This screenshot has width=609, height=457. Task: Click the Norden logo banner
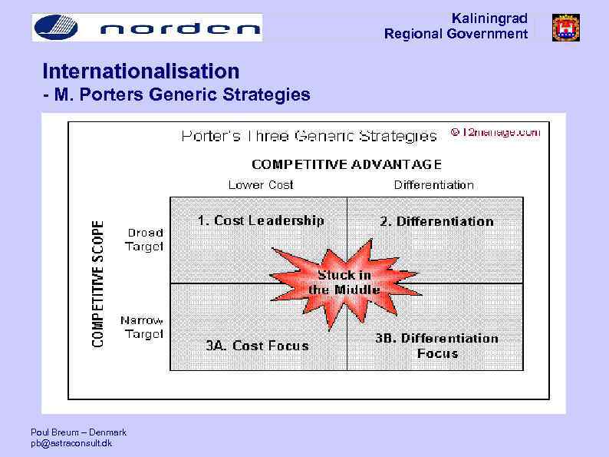[x=146, y=28]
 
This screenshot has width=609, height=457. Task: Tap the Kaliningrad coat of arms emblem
[x=566, y=28]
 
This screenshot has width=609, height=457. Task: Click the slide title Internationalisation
[x=141, y=72]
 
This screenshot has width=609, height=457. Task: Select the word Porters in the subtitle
[x=131, y=95]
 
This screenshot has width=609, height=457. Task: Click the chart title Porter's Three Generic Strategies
[x=308, y=137]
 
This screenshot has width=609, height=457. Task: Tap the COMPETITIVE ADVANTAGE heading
[x=347, y=164]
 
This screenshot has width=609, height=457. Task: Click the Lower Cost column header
[x=261, y=185]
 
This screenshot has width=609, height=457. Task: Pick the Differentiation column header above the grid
[x=433, y=185]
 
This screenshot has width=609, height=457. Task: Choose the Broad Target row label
[x=144, y=240]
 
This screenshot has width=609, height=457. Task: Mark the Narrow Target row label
[x=142, y=327]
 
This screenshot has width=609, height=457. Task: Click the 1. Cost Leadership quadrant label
[x=261, y=220]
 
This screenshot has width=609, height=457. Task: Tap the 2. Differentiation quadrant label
[x=436, y=222]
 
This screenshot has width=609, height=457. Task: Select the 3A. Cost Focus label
[x=257, y=346]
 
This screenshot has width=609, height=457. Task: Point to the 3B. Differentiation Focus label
[x=436, y=346]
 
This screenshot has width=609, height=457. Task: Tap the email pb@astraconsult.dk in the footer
[x=71, y=444]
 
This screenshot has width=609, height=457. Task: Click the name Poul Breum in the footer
[x=54, y=432]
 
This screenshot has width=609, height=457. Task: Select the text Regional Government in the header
[x=456, y=34]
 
